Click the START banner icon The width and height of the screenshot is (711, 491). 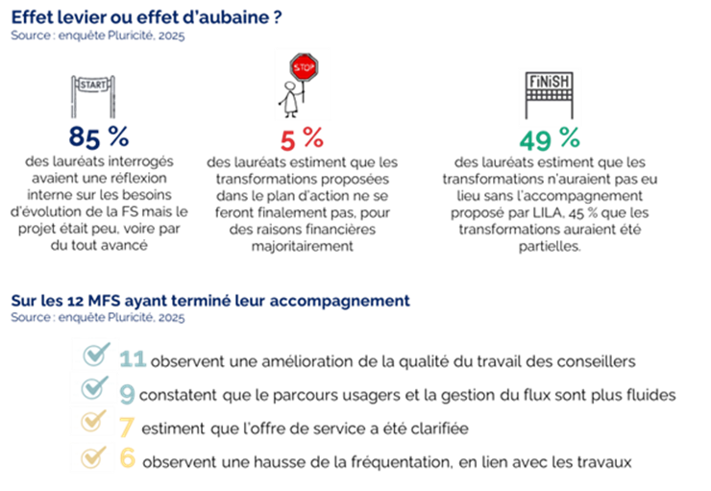pyautogui.click(x=93, y=92)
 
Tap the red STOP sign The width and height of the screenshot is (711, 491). pyautogui.click(x=304, y=68)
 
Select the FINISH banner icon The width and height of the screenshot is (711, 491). pyautogui.click(x=550, y=96)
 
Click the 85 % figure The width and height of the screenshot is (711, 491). pyautogui.click(x=99, y=137)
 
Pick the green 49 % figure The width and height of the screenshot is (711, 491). pyautogui.click(x=550, y=140)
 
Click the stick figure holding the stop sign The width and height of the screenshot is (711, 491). pyautogui.click(x=288, y=98)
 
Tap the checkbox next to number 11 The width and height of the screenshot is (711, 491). pyautogui.click(x=94, y=356)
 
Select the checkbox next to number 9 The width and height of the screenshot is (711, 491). pyautogui.click(x=94, y=388)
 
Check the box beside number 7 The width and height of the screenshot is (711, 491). pyautogui.click(x=93, y=422)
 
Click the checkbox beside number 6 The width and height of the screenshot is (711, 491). pyautogui.click(x=93, y=456)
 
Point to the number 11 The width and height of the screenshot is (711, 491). pyautogui.click(x=133, y=359)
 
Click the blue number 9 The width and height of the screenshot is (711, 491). pyautogui.click(x=127, y=393)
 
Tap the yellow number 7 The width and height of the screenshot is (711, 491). pyautogui.click(x=126, y=426)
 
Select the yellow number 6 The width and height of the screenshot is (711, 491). pyautogui.click(x=127, y=459)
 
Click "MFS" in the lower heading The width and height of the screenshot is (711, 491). pyautogui.click(x=95, y=300)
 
